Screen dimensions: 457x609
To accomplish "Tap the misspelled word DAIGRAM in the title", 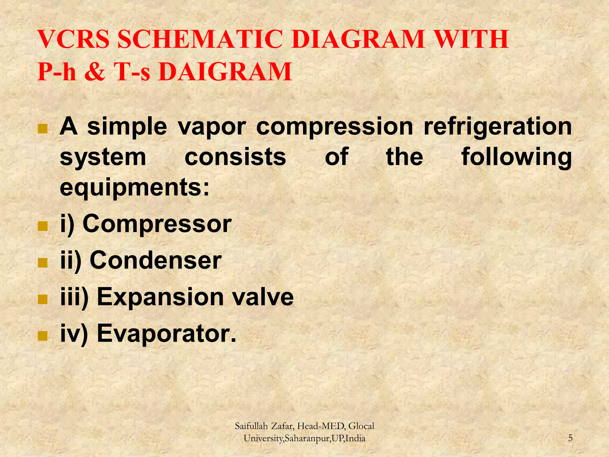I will (x=225, y=72).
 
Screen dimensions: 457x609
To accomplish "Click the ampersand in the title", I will (x=95, y=72).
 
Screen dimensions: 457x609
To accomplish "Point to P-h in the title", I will (x=56, y=72).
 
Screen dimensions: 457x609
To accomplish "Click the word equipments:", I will (x=135, y=188).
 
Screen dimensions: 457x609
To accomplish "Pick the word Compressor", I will (x=157, y=223).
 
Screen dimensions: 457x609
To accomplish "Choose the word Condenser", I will (x=156, y=260).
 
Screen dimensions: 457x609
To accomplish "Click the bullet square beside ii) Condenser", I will (x=43, y=262).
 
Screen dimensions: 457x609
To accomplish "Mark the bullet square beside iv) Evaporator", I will (x=43, y=336).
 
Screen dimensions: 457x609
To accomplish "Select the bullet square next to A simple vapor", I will (x=43, y=129).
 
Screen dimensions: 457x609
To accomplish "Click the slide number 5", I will (x=570, y=438).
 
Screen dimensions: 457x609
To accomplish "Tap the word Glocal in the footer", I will (x=361, y=426).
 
